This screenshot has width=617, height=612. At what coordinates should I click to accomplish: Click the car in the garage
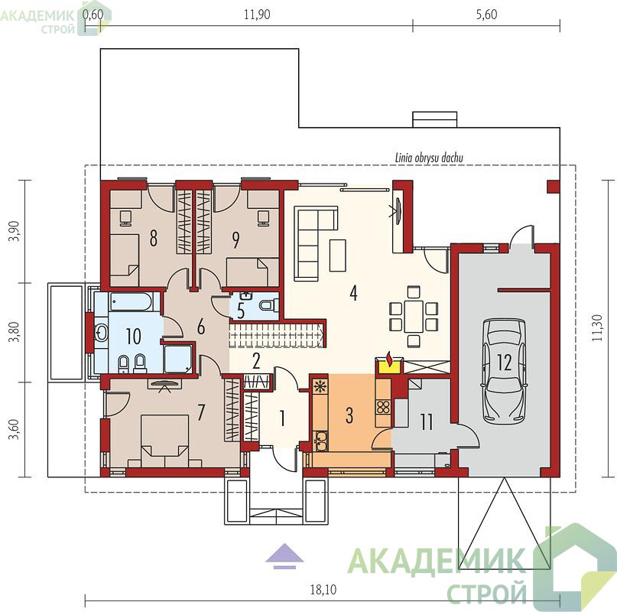[x=504, y=369]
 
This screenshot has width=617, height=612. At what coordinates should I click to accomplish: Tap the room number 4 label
[x=354, y=293]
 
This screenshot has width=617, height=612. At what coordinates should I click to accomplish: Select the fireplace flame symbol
[x=390, y=359]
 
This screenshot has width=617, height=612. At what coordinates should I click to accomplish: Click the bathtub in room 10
[x=131, y=302]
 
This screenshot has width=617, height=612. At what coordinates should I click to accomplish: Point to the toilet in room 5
[x=269, y=304]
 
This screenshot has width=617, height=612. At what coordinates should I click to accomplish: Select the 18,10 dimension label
[x=323, y=590]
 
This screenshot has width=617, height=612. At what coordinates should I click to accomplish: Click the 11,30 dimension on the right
[x=597, y=327]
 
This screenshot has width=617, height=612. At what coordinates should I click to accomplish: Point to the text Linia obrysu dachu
[x=429, y=158]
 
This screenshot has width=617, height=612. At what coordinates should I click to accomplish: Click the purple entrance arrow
[x=284, y=556]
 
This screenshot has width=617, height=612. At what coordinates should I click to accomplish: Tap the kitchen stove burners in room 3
[x=383, y=407]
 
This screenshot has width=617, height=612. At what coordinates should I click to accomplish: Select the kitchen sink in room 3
[x=320, y=441]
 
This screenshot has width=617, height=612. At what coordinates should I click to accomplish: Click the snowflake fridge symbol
[x=320, y=387]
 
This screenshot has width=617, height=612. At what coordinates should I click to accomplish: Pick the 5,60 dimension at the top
[x=487, y=15]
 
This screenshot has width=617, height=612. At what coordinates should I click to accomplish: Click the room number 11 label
[x=427, y=422]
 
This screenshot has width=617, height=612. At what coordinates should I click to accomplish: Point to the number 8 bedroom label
[x=153, y=238]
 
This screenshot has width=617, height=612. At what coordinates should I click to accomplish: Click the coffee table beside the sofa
[x=338, y=256]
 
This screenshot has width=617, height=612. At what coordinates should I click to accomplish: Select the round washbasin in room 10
[x=102, y=334]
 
